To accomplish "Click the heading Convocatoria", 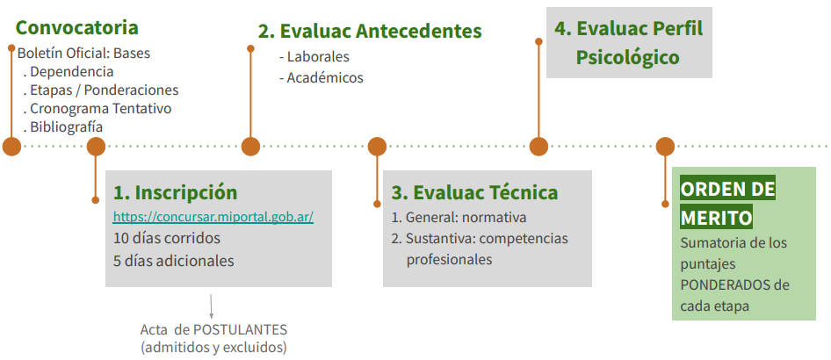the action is (76, 27).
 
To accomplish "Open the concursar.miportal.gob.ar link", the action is (213, 217).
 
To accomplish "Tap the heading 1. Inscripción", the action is (176, 193).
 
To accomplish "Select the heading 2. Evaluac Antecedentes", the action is (370, 32).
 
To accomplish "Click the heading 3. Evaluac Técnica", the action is (475, 192).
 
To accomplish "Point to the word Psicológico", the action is (627, 58).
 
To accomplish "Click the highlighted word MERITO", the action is (716, 218).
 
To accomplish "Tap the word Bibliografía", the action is (66, 127).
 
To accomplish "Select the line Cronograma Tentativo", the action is (101, 109).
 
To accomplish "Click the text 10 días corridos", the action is (166, 238).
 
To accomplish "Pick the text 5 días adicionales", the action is (173, 261).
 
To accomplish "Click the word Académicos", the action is (325, 78).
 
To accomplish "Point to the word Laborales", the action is (318, 57).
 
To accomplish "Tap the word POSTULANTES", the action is (240, 330).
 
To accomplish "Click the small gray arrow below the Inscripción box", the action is (212, 306).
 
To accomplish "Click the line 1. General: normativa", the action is (459, 218).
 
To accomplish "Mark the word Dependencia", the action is (71, 71).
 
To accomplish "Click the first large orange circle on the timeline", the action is (11, 146).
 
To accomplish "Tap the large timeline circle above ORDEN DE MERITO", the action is (665, 146).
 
